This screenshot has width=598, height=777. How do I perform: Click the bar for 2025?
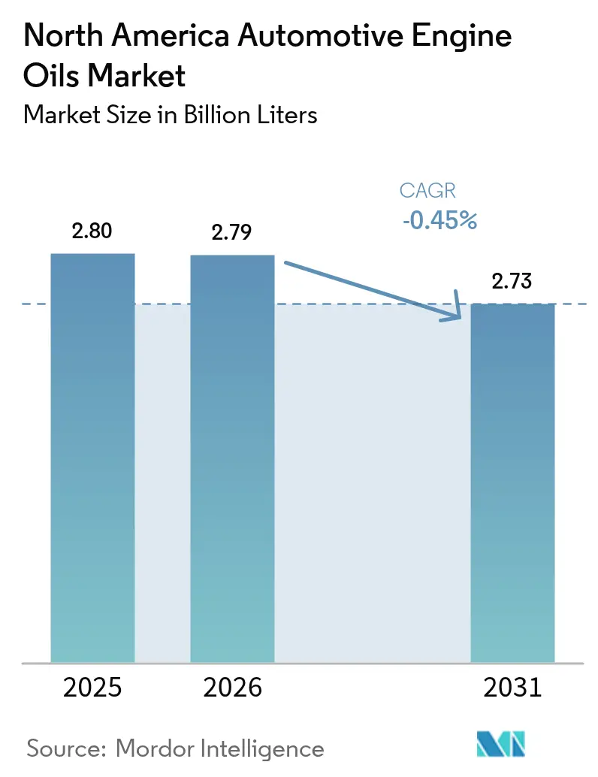[x=92, y=458]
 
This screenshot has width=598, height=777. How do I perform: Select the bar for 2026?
[x=232, y=458]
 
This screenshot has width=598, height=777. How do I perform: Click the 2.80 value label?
[x=92, y=231]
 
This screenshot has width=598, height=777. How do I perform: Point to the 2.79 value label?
[x=232, y=233]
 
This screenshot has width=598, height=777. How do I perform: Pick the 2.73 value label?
[x=512, y=282]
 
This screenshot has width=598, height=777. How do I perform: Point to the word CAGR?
[x=427, y=191]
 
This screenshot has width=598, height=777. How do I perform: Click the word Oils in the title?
[x=53, y=76]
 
